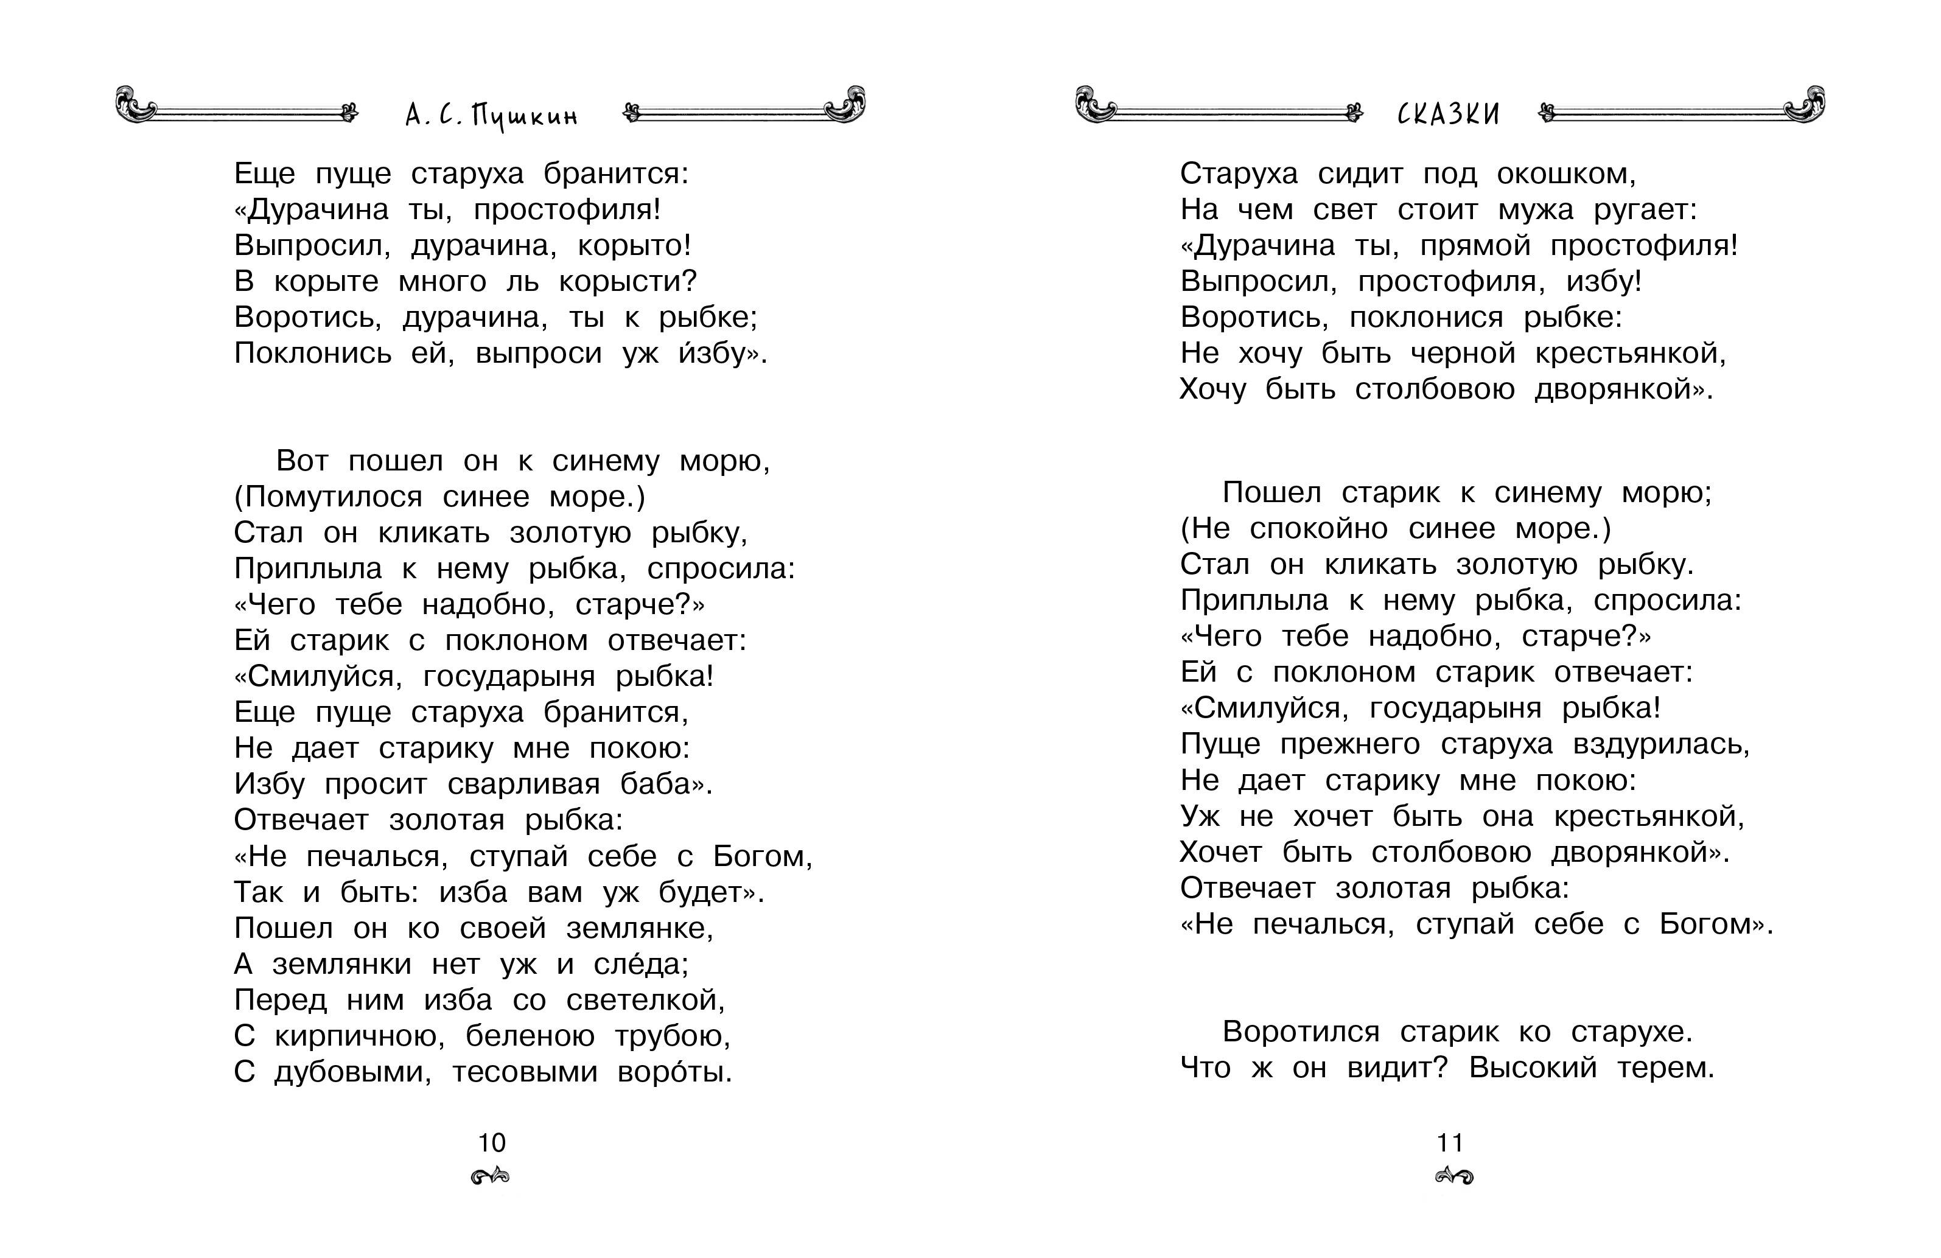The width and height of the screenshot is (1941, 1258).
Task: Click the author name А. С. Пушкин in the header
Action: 491,115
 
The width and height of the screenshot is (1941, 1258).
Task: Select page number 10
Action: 492,1142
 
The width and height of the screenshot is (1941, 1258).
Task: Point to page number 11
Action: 1450,1142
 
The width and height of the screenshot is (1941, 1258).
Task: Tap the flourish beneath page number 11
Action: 1453,1176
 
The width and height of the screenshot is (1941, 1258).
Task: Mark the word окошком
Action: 1566,173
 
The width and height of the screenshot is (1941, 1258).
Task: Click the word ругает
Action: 1644,209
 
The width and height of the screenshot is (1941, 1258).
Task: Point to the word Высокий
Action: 1533,1068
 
